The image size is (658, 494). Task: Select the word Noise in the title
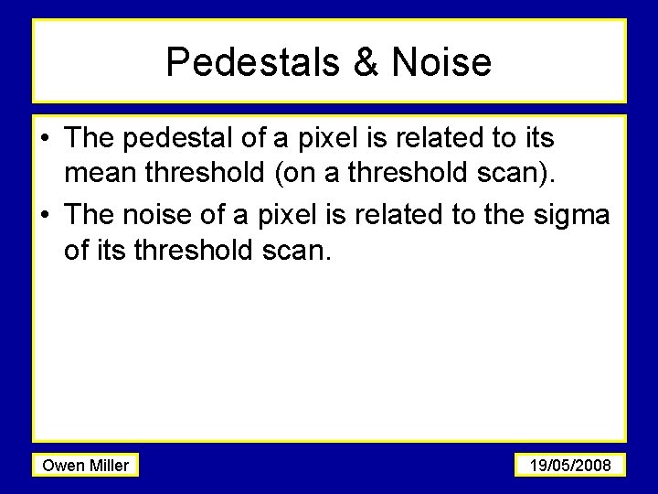pyautogui.click(x=441, y=62)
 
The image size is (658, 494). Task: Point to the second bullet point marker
pyautogui.click(x=46, y=215)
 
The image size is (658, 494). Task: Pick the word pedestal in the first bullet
pyautogui.click(x=178, y=139)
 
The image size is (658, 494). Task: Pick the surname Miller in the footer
pyautogui.click(x=109, y=466)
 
